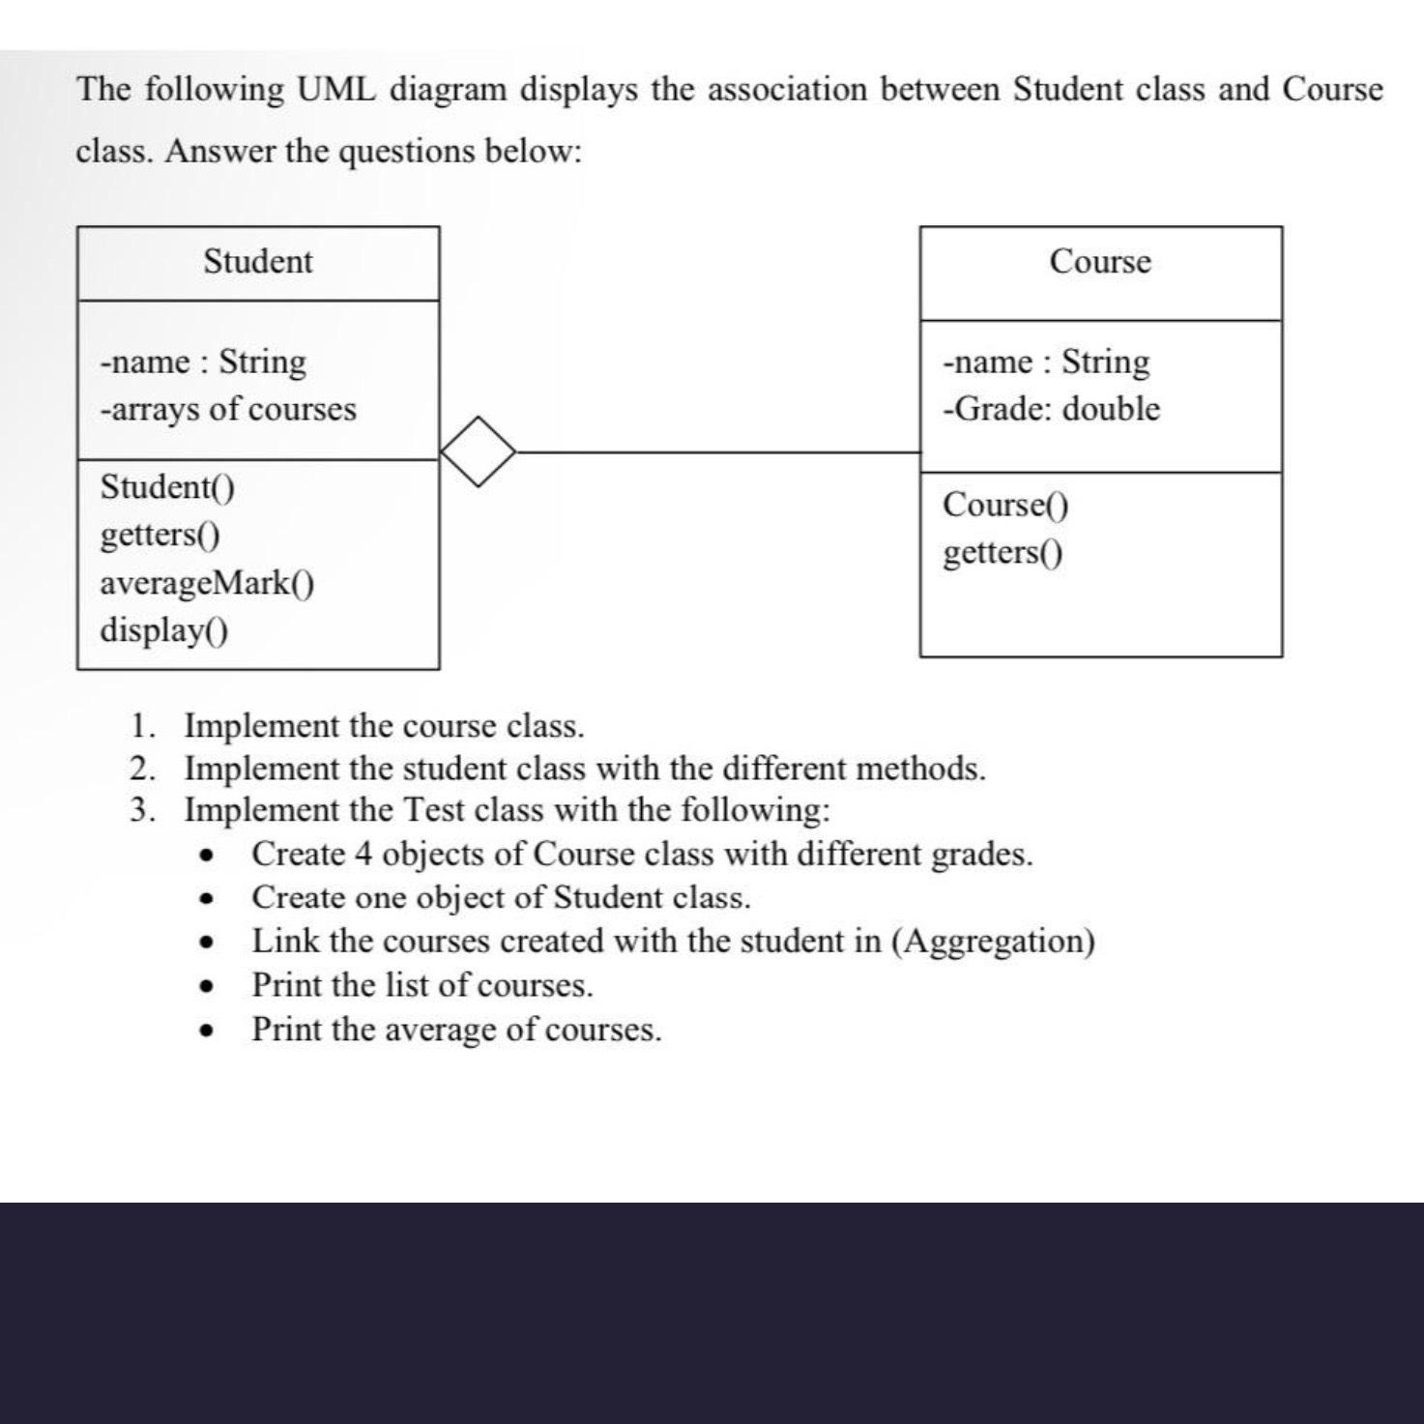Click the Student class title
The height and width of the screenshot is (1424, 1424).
coord(258,262)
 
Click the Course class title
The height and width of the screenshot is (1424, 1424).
coord(1100,262)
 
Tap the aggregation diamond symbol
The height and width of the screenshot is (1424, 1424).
coord(478,451)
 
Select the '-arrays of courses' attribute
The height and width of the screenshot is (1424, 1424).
coord(228,409)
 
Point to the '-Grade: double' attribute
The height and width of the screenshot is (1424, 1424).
coord(1051,409)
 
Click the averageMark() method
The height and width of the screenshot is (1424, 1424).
coord(207,583)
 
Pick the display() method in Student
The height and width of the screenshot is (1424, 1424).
coord(164,630)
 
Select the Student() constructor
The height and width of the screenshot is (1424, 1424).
coord(167,486)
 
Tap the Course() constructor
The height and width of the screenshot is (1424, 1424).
coord(1005,505)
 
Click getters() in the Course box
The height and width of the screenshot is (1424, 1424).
coord(1003,553)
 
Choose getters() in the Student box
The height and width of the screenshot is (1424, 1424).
coord(160,535)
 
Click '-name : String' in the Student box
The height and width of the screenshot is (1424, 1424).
coord(203,362)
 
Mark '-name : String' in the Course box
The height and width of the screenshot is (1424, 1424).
coord(1047,362)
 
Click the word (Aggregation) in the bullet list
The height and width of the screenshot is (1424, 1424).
coord(993,941)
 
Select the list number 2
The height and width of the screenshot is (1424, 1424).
coord(142,770)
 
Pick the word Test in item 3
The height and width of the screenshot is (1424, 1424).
coord(435,810)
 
